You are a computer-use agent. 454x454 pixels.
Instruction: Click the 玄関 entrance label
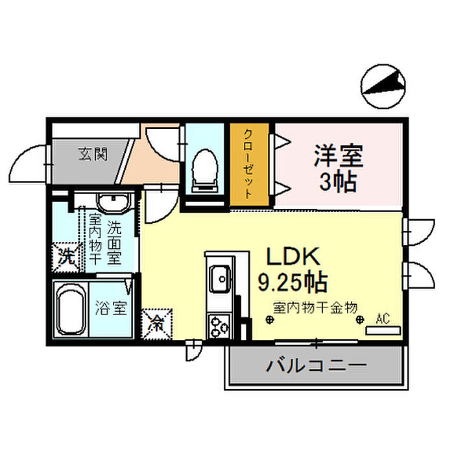tap(93, 154)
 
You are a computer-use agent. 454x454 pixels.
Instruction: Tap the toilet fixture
tap(205, 171)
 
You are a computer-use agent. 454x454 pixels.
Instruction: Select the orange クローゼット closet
tap(250, 165)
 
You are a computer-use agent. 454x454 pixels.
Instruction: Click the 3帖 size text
tap(338, 182)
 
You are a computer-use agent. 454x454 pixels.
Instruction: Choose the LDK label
tap(293, 257)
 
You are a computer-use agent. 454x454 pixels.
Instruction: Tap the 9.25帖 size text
tap(293, 281)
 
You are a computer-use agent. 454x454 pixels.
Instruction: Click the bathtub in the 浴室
tap(71, 309)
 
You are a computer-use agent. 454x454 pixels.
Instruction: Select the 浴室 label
tap(111, 308)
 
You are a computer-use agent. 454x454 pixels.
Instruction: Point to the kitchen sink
tap(221, 279)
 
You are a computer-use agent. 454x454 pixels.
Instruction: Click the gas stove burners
tap(219, 326)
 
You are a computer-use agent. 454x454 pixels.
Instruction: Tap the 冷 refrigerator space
tap(157, 324)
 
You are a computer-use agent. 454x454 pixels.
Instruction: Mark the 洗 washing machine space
tap(66, 257)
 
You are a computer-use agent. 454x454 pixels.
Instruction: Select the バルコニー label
tap(317, 366)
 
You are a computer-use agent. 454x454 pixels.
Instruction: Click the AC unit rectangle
tap(383, 331)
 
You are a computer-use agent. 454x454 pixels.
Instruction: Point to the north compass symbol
tap(383, 86)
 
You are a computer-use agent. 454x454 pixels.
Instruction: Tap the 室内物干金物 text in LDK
tap(315, 308)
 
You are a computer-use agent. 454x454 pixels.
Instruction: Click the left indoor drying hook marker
tap(270, 320)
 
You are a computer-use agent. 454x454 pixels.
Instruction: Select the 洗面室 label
tap(114, 243)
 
